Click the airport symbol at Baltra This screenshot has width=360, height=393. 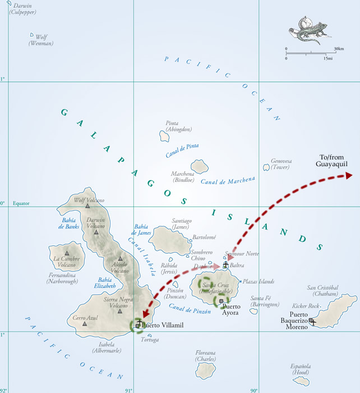click(x=226, y=264)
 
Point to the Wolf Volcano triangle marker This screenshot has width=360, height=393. click(x=87, y=206)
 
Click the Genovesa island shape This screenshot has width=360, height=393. click(x=266, y=167)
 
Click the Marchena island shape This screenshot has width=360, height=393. click(x=200, y=166)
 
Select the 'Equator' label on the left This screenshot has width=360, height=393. click(x=21, y=204)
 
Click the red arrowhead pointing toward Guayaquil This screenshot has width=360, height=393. click(x=348, y=176)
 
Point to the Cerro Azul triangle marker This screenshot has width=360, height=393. click(x=85, y=323)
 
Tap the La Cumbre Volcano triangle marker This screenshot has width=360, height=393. click(x=67, y=253)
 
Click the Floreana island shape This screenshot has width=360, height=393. click(x=206, y=370)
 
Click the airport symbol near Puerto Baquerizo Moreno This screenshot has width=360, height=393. click(x=312, y=322)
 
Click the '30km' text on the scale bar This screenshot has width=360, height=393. click(x=338, y=49)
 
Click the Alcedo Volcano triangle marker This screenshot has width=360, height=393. click(x=120, y=259)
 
